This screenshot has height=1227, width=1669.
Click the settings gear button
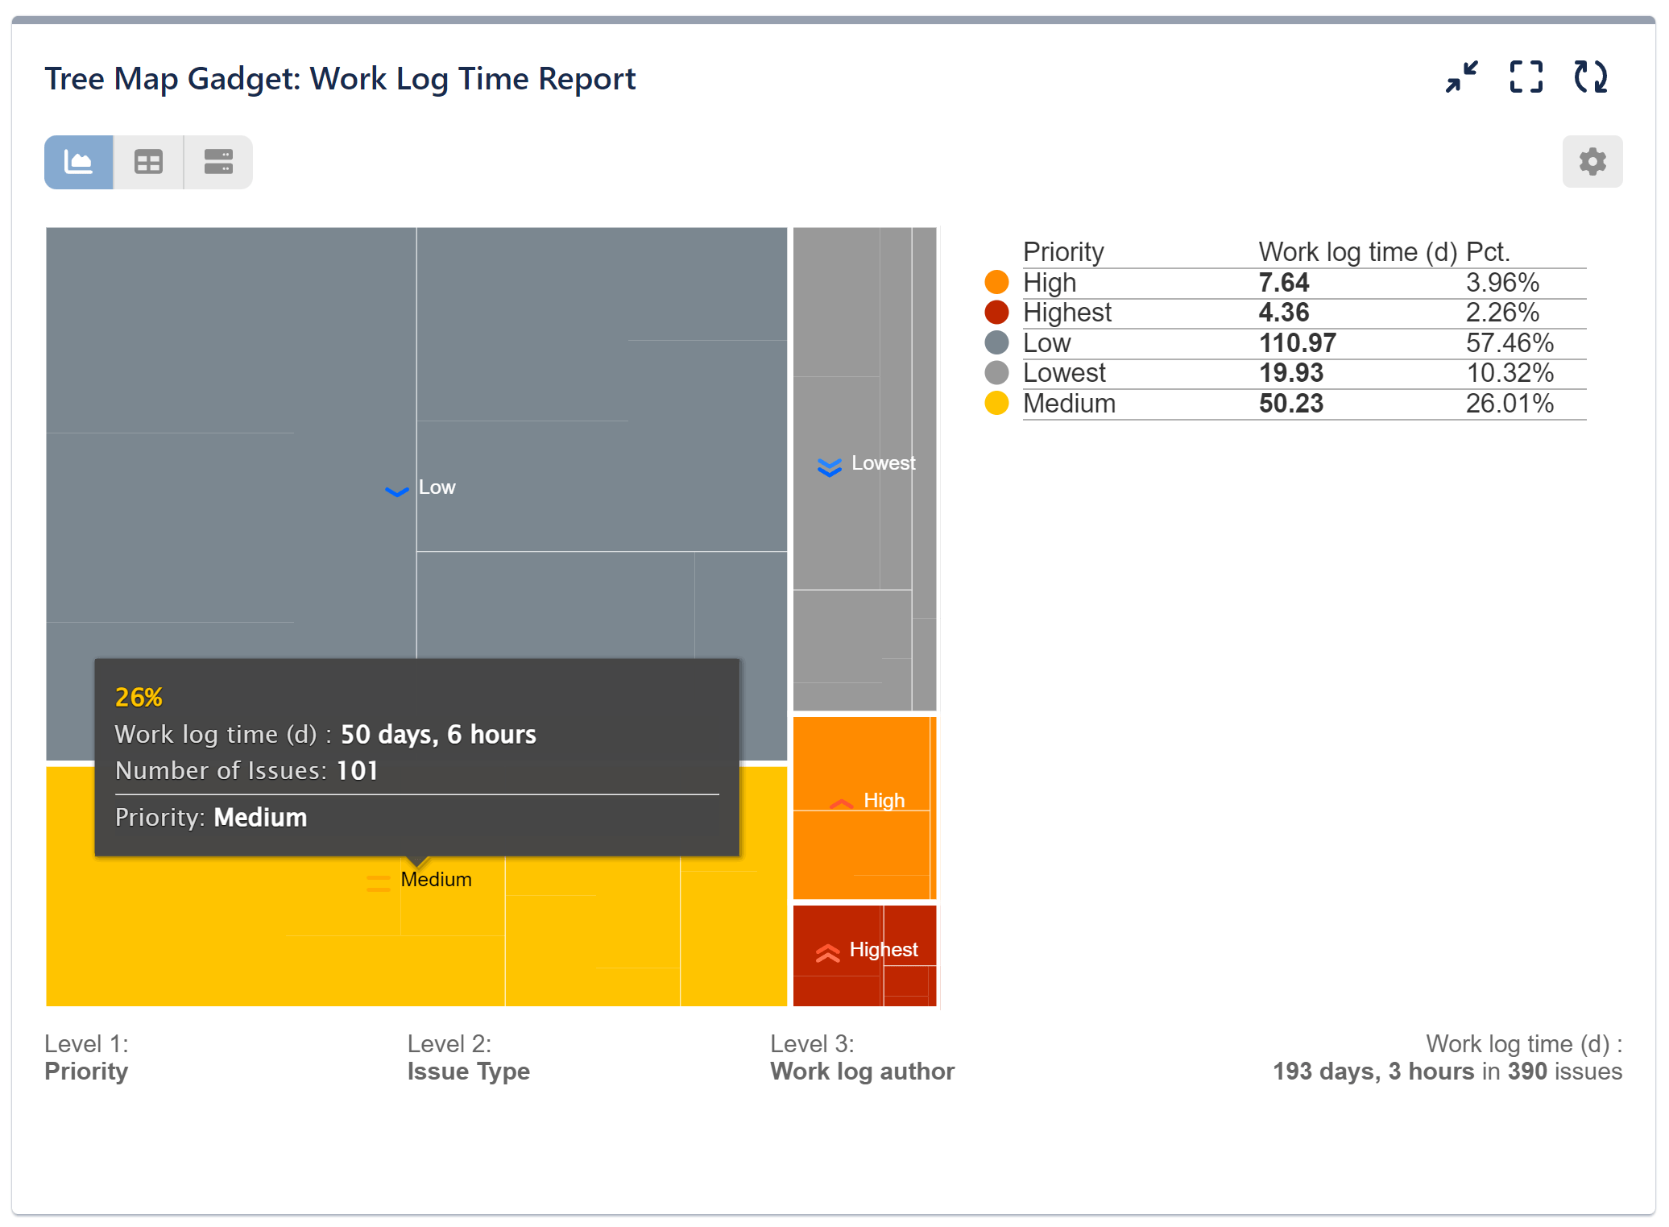1592,162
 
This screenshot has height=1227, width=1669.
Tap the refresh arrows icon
1590,77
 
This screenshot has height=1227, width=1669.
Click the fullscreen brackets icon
1526,77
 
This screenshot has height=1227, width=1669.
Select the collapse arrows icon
1461,77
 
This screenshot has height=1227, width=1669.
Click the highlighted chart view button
79,162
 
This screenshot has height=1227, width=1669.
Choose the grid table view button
148,162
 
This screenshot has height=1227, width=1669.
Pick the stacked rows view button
218,162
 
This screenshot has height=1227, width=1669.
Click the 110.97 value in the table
1297,343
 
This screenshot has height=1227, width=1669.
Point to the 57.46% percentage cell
1509,343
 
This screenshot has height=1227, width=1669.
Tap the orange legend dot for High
996,282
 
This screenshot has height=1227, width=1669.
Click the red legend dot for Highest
996,313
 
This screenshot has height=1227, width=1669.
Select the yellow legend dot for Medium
996,403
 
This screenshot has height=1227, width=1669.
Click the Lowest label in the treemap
883,463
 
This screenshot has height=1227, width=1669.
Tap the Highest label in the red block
883,950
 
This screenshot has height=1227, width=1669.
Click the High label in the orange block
884,801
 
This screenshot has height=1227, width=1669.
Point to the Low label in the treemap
437,487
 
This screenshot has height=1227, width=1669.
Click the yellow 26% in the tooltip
139,697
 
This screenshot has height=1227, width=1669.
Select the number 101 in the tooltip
357,771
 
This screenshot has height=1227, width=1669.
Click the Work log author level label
862,1071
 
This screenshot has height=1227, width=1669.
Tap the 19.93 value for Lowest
1290,373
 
